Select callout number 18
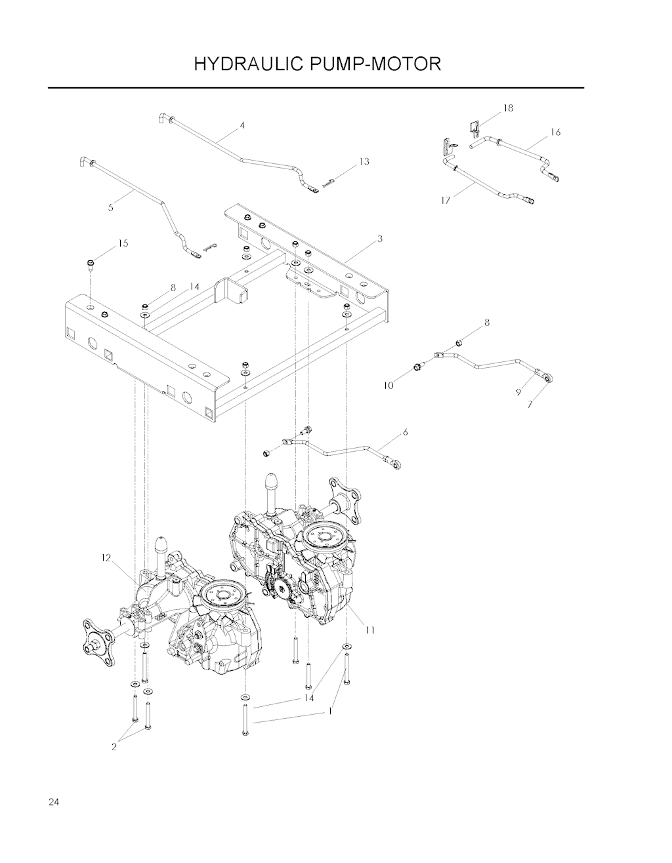[508, 108]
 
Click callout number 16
[556, 132]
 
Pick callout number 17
[446, 201]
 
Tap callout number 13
[364, 161]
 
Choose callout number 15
[123, 243]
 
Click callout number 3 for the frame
[380, 239]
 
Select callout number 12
[106, 557]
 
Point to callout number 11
[370, 630]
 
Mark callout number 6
[406, 432]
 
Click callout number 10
[388, 385]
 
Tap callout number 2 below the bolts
[114, 747]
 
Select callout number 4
[242, 125]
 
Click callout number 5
[111, 207]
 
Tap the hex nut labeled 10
[417, 366]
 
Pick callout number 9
[518, 392]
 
